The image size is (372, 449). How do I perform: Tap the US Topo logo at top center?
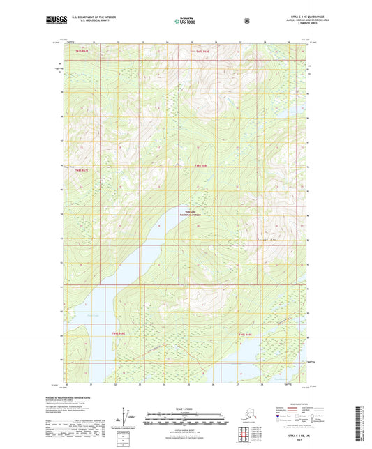185,21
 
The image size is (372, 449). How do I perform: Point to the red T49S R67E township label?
82,169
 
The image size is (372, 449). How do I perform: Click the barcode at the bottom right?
362,425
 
